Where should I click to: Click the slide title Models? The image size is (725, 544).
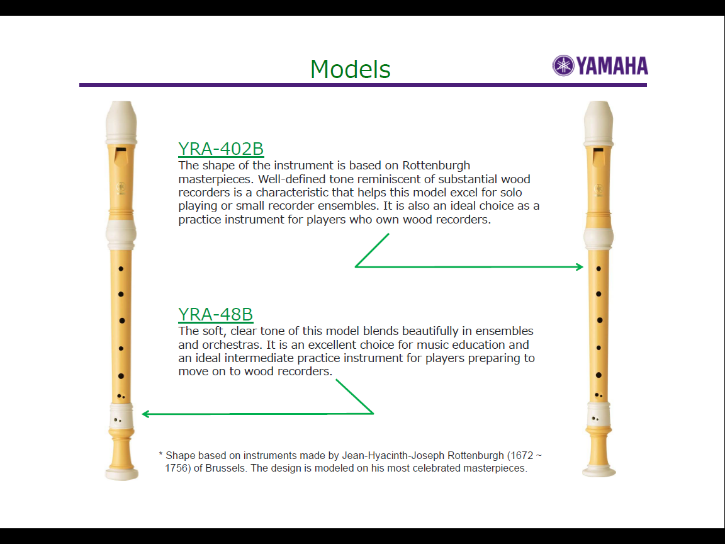click(351, 69)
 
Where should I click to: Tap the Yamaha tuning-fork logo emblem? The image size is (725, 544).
click(563, 65)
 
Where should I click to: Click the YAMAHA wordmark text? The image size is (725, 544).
click(612, 65)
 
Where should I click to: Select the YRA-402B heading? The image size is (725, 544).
click(221, 149)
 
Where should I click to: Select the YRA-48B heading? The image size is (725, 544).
click(215, 315)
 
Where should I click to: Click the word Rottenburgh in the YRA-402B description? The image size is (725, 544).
click(436, 166)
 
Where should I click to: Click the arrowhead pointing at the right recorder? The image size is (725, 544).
click(580, 267)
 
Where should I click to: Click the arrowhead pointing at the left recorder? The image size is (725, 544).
click(145, 414)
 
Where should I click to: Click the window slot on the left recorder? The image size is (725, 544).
click(121, 156)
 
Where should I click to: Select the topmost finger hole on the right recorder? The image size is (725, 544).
click(599, 269)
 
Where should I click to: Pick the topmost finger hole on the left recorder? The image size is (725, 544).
click(121, 269)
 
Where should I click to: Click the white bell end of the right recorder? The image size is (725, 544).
click(599, 472)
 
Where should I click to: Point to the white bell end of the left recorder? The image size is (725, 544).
click(121, 474)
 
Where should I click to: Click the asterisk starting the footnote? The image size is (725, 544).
click(160, 454)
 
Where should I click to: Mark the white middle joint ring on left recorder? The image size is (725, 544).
click(121, 234)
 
